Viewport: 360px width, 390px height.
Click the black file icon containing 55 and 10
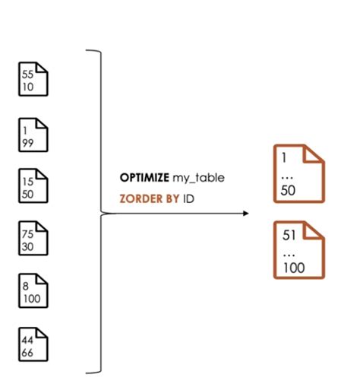pos(33,79)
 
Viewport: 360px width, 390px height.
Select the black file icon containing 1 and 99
pos(33,135)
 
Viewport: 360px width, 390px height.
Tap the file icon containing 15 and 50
pos(33,186)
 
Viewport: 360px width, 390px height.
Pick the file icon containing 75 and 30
pos(33,238)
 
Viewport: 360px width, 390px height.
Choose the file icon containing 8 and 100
pos(33,290)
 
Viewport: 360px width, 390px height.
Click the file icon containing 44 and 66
pos(33,344)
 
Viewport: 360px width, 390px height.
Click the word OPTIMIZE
pos(144,178)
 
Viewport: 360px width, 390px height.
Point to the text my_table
pos(198,178)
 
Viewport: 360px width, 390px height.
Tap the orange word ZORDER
pos(141,199)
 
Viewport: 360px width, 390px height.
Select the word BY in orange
pos(172,199)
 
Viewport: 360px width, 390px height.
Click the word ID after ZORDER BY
pos(188,199)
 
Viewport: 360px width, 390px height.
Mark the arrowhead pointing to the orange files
pos(245,214)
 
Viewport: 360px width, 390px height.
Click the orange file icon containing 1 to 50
pos(299,174)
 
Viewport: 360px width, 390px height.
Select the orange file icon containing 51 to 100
pos(299,250)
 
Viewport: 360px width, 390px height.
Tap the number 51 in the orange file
pos(289,235)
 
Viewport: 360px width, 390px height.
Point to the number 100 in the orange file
pos(294,268)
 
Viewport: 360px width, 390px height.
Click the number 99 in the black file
pos(28,143)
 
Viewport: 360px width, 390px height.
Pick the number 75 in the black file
pos(27,234)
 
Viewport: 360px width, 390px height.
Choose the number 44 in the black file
pos(27,340)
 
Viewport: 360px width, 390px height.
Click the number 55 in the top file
pos(27,75)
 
